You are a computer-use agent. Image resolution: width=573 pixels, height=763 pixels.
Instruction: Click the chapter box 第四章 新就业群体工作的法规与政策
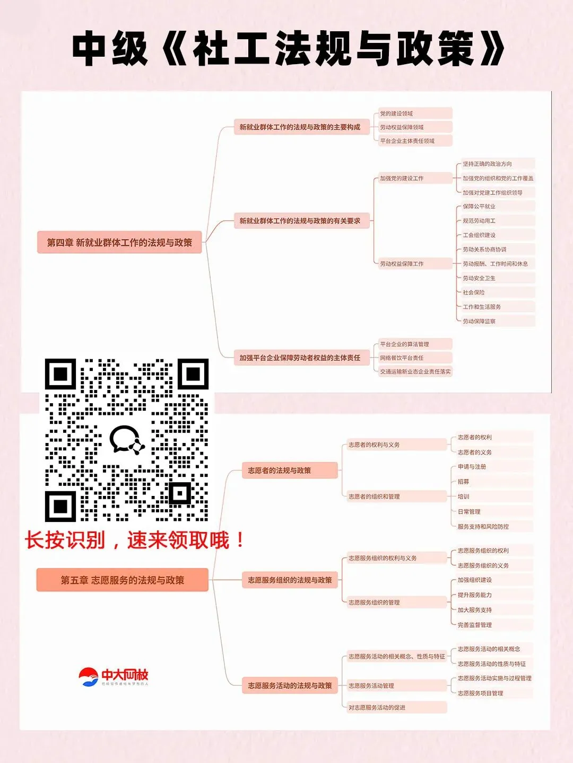click(x=119, y=242)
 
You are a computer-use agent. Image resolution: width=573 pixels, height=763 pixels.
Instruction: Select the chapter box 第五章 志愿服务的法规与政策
click(x=122, y=580)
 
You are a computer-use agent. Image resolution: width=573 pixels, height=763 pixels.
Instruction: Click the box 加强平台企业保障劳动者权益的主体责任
click(x=300, y=358)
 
